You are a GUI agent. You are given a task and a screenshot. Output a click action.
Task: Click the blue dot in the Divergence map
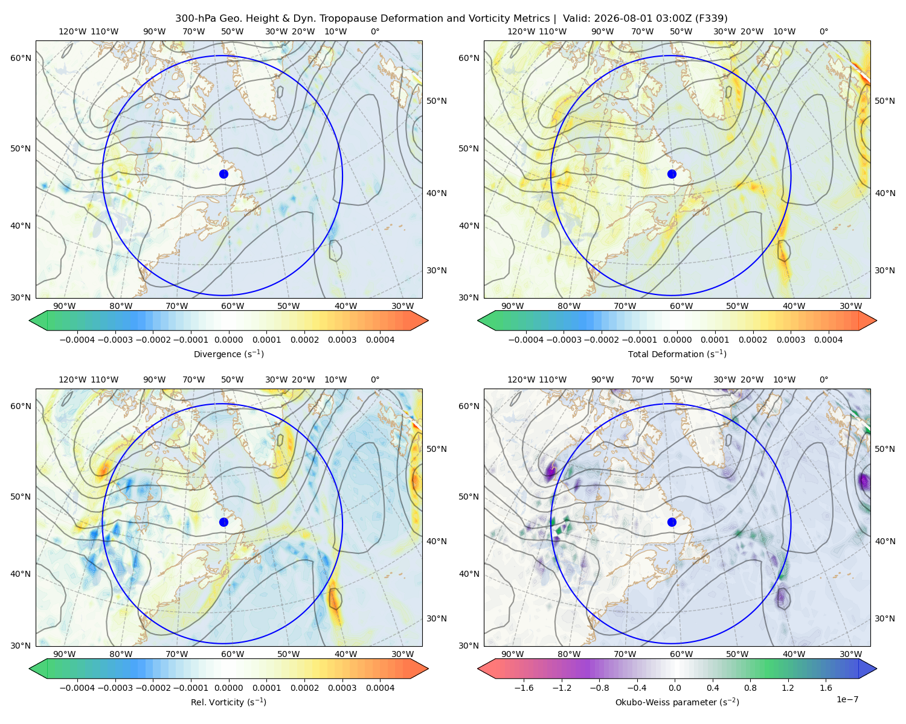(x=223, y=174)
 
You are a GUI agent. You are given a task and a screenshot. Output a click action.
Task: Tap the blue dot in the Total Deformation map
(x=672, y=174)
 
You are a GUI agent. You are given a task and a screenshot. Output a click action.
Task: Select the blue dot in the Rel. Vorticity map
(x=223, y=522)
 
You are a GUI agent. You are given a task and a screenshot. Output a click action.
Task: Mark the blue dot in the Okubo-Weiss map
(x=672, y=522)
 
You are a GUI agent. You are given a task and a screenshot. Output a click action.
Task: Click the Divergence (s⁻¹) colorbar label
(x=228, y=354)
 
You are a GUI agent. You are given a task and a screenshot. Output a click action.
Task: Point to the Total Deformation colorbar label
(x=677, y=354)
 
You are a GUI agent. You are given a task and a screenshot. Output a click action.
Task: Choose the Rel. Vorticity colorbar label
(x=228, y=702)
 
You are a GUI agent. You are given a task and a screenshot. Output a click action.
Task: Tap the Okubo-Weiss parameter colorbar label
(x=677, y=702)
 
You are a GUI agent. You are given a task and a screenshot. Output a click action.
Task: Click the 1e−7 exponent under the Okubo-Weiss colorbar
(x=847, y=699)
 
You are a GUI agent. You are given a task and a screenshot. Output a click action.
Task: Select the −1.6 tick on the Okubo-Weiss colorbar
(x=524, y=688)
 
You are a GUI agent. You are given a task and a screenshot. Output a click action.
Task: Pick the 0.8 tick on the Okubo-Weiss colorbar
(x=750, y=688)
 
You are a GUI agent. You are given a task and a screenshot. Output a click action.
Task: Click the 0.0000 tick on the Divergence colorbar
(x=228, y=340)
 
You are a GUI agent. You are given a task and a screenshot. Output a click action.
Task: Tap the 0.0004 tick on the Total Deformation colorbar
(x=828, y=340)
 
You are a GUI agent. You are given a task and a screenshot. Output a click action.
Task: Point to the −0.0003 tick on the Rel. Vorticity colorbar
(x=115, y=688)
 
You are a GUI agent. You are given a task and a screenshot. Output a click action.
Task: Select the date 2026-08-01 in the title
(x=615, y=19)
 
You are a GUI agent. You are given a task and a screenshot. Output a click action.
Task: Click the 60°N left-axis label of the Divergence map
(x=21, y=58)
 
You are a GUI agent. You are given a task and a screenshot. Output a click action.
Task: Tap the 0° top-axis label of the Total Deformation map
(x=824, y=31)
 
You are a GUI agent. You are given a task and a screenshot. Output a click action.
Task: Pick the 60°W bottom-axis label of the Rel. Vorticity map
(x=233, y=654)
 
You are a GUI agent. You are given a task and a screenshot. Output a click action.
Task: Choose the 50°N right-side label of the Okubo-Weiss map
(x=884, y=449)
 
